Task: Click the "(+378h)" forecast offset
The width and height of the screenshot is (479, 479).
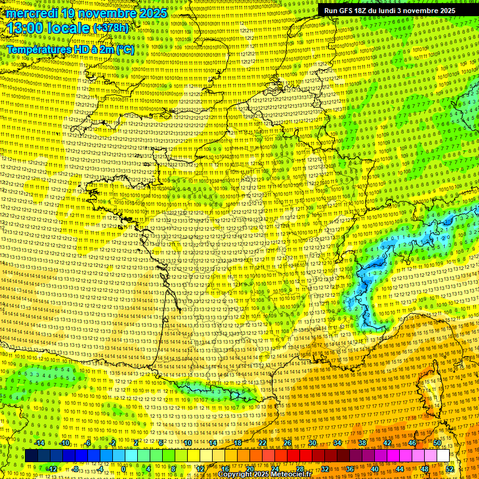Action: point(110,28)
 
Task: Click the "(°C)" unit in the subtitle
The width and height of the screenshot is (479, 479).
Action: point(125,49)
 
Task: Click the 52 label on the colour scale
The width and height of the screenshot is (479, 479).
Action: point(450,469)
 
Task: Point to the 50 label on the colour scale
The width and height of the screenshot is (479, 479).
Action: point(437,443)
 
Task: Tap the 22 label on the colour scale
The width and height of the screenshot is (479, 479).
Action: point(263,443)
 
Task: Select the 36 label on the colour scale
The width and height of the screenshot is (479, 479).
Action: point(350,469)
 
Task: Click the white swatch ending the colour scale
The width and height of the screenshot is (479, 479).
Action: point(443,456)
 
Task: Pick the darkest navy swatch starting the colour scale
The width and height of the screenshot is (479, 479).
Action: point(31,456)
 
